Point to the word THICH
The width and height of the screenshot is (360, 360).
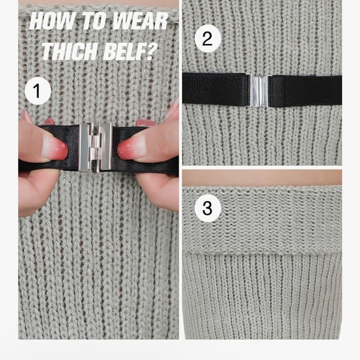pyautogui.click(x=70, y=51)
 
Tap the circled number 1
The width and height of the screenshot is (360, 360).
pyautogui.click(x=38, y=91)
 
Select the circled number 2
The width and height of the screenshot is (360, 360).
pyautogui.click(x=208, y=38)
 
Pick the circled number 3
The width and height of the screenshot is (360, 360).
pyautogui.click(x=208, y=209)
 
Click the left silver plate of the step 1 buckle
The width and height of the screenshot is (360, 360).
pyautogui.click(x=84, y=147)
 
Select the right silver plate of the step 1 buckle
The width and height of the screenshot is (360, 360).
pyautogui.click(x=106, y=146)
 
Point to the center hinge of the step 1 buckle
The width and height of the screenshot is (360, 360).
pyautogui.click(x=95, y=147)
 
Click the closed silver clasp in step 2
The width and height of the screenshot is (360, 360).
pyautogui.click(x=259, y=91)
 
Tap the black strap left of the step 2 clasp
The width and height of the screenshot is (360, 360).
pyautogui.click(x=215, y=89)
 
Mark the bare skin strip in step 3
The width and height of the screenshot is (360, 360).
pyautogui.click(x=262, y=178)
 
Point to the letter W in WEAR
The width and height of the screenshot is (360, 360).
pyautogui.click(x=122, y=21)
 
